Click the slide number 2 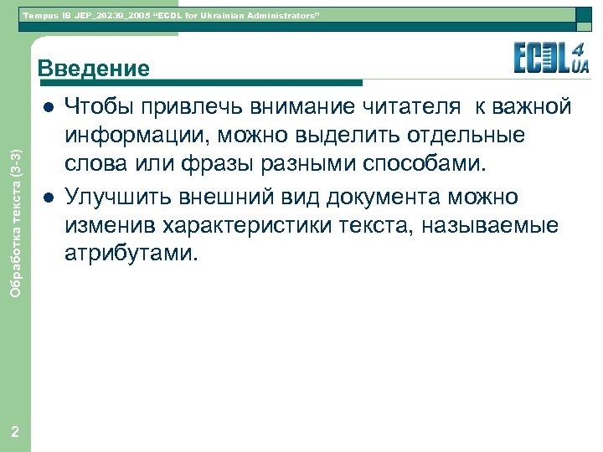tap(15, 430)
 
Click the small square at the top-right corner tap(586, 14)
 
